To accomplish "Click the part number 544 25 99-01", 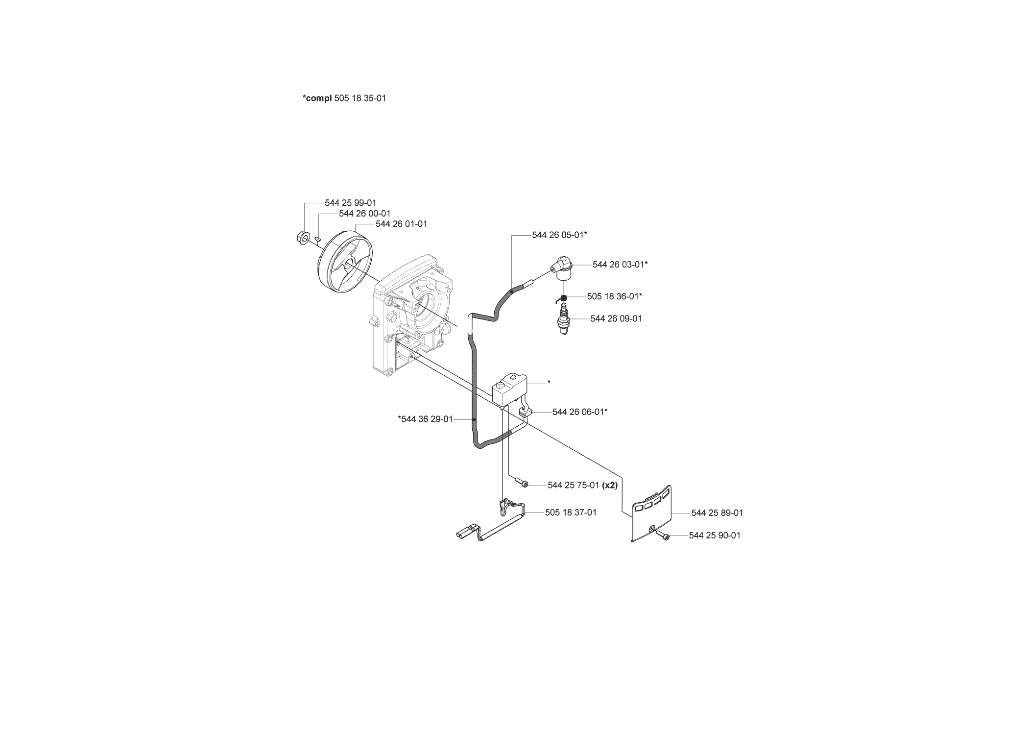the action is pyautogui.click(x=351, y=203).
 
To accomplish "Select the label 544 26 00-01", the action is pyautogui.click(x=365, y=214).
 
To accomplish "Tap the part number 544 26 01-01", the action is pyautogui.click(x=402, y=224).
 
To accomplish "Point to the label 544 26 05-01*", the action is pyautogui.click(x=560, y=235).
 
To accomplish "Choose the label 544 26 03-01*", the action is pyautogui.click(x=620, y=265).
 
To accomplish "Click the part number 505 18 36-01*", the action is pyautogui.click(x=615, y=296).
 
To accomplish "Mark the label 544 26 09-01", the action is pyautogui.click(x=616, y=318).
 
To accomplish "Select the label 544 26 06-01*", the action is pyautogui.click(x=580, y=412).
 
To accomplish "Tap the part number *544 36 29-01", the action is pyautogui.click(x=426, y=419).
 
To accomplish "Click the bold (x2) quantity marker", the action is pyautogui.click(x=610, y=485).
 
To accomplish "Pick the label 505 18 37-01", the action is pyautogui.click(x=571, y=512).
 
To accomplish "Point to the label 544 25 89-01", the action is pyautogui.click(x=717, y=513).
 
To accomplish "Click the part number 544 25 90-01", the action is pyautogui.click(x=715, y=535).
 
